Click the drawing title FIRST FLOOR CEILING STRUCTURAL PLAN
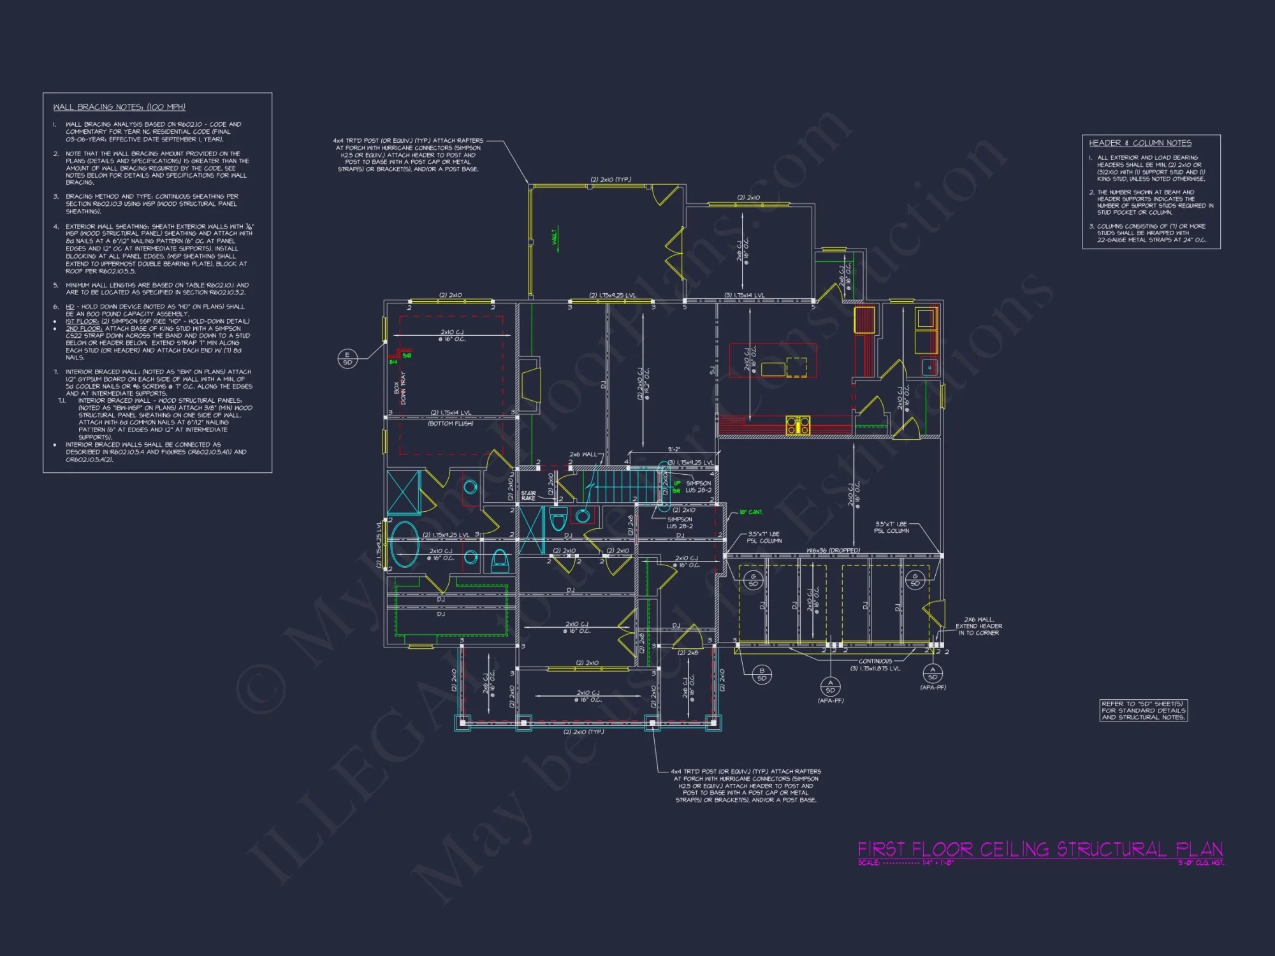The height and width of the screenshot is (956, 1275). click(1040, 850)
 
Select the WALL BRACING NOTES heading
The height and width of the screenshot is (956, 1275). click(119, 107)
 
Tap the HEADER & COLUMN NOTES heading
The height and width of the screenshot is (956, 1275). click(1140, 143)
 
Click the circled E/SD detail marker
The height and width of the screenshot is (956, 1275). click(347, 359)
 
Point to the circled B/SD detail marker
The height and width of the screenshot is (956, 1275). click(761, 674)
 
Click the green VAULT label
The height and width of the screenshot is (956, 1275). click(555, 236)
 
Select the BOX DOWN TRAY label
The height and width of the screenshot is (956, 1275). click(400, 387)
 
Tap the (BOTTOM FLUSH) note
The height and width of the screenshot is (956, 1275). click(450, 424)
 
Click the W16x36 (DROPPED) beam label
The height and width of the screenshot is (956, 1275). click(833, 551)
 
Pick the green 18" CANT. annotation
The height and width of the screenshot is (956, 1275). click(750, 512)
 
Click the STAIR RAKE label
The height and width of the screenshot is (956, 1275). click(528, 496)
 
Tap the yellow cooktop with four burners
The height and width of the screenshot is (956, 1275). click(798, 424)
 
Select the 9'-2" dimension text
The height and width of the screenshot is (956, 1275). click(674, 450)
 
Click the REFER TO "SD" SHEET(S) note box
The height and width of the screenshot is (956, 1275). click(1144, 711)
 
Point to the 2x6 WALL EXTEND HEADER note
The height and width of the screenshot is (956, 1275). click(978, 626)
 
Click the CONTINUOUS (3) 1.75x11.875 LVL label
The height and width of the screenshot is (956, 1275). click(875, 665)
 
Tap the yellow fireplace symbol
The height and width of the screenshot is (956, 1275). click(530, 384)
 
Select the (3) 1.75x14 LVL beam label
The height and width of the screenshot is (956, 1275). click(744, 296)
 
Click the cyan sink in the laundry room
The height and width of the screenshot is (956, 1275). click(929, 367)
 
